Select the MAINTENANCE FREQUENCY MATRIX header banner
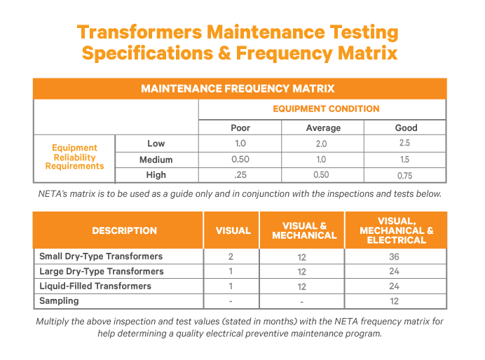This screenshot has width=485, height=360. pos(238,89)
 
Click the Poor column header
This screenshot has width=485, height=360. pos(240,127)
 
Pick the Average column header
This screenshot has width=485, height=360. pos(323,127)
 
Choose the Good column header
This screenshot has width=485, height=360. pos(406,127)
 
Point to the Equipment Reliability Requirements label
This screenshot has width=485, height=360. pos(74,158)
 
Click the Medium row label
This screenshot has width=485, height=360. pos(156,160)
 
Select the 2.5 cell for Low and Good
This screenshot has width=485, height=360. pos(406,144)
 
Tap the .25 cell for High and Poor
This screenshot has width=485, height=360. pos(240,175)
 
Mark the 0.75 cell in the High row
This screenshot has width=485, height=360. pos(406,175)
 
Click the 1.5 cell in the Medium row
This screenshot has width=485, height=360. pos(406,160)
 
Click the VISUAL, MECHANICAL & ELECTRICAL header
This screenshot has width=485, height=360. pos(395,230)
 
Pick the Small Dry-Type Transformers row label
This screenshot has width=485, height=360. pos(101,256)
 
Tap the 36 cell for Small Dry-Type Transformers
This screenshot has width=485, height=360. pos(395,256)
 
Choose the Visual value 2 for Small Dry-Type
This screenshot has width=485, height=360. pos(231,256)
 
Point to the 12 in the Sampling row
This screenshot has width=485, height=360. pos(395,301)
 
